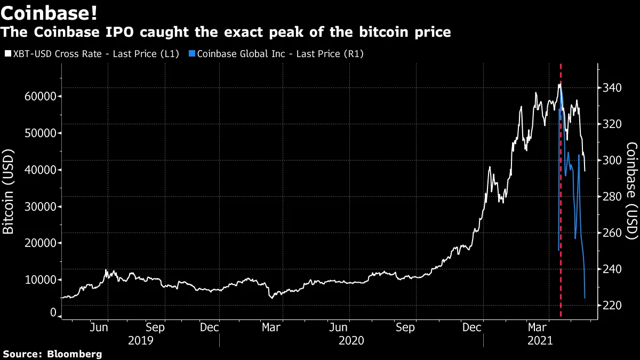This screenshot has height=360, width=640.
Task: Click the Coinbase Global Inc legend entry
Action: coord(280,54)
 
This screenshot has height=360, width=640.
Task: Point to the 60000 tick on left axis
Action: coord(41,97)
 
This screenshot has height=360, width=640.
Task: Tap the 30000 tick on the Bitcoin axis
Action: coord(41,206)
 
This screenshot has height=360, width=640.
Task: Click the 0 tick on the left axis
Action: coord(53,313)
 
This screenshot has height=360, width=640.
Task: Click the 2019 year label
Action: coord(141,340)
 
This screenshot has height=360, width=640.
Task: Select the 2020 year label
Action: coord(351,340)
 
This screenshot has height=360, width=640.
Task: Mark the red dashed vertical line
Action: coord(561,213)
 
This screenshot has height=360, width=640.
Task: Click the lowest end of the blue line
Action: coord(585,298)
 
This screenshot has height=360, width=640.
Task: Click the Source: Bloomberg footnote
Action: coord(52,354)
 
